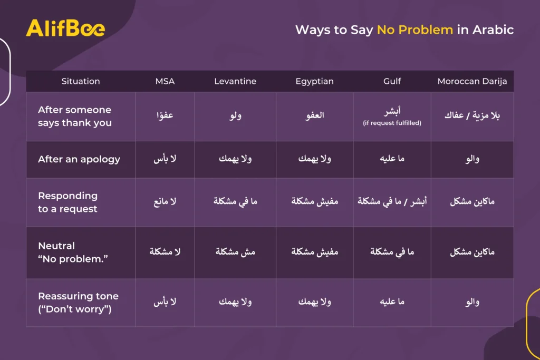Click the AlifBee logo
[x=65, y=28]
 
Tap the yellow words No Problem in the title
[x=415, y=30]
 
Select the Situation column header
[x=81, y=81]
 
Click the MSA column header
[x=165, y=81]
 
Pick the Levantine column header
[x=235, y=81]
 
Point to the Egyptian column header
[x=314, y=82]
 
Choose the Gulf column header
[x=392, y=81]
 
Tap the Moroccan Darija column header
[x=472, y=82]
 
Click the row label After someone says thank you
[x=75, y=116]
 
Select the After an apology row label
[x=79, y=159]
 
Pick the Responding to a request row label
[x=67, y=202]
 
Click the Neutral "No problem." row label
[x=73, y=252]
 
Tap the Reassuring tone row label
[x=78, y=303]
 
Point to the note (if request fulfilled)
[x=392, y=123]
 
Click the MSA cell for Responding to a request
[x=165, y=201]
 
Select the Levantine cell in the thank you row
[x=236, y=115]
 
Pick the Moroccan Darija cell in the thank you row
[x=472, y=115]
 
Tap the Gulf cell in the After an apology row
[x=392, y=159]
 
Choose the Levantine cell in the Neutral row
[x=235, y=252]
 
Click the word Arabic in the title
[x=493, y=30]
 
